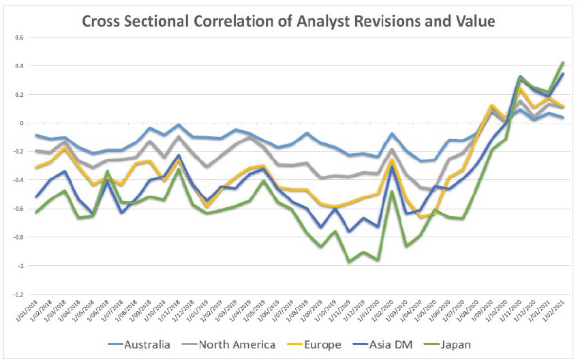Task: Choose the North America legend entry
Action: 238,345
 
